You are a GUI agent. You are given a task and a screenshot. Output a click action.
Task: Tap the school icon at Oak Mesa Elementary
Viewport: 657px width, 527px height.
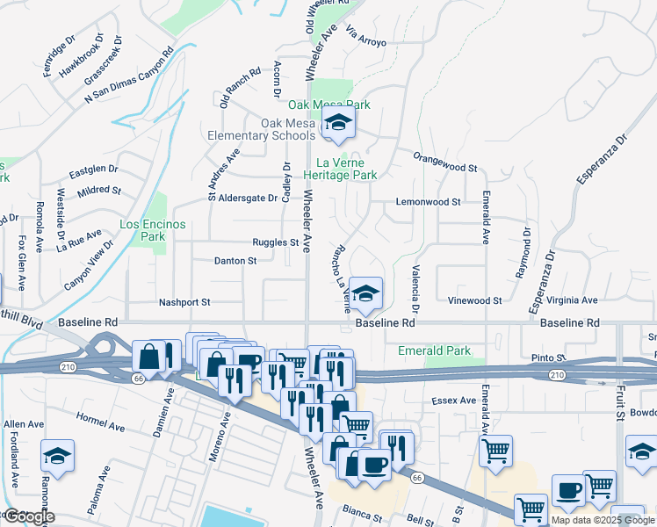(337, 124)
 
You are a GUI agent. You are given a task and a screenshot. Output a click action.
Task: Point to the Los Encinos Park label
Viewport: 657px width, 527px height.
(153, 230)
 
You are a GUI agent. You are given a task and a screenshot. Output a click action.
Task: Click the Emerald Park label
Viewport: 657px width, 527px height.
(434, 350)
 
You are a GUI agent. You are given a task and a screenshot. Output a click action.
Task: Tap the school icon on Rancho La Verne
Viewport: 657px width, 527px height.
(365, 292)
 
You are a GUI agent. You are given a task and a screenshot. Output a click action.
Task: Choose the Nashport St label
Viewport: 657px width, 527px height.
(184, 302)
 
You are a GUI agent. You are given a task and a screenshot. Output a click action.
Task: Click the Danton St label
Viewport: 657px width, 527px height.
(235, 261)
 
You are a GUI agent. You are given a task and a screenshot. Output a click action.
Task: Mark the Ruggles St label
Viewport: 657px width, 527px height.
(276, 242)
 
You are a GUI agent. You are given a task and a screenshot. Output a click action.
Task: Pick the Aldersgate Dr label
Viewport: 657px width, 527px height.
(248, 199)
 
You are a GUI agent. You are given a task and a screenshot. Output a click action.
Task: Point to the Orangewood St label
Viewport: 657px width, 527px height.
(446, 167)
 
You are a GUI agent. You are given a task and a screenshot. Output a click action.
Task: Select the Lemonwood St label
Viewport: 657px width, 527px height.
(429, 202)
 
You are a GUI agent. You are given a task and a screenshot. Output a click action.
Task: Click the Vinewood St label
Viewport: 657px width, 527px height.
(474, 300)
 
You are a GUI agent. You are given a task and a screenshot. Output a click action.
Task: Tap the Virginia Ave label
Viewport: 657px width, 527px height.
(571, 300)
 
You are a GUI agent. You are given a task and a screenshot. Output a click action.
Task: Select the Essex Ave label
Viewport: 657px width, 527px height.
(453, 401)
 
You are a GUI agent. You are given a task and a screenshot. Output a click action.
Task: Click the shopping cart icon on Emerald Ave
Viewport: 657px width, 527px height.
(495, 451)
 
